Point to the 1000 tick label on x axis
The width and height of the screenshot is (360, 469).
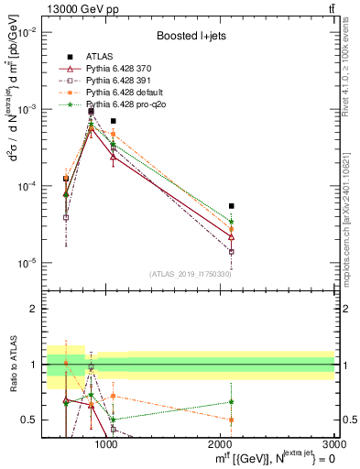point(106,444)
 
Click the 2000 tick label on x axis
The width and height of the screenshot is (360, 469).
point(221,444)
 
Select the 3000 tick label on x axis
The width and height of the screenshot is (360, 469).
point(333,444)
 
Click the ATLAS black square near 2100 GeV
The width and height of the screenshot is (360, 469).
point(231,206)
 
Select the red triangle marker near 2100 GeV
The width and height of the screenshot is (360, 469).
point(231,236)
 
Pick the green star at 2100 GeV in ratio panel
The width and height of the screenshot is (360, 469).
point(231,401)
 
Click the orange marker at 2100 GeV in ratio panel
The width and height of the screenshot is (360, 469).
point(231,420)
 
